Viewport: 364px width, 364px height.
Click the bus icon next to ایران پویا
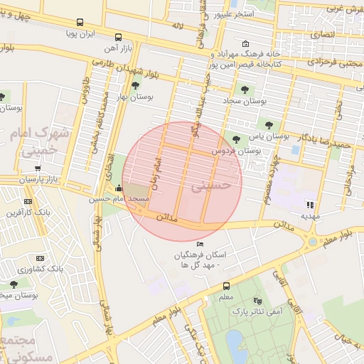[79, 23]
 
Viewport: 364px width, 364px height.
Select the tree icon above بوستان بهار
[134, 85]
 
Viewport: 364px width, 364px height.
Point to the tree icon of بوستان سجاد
[245, 90]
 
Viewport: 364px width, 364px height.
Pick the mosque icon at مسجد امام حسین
[118, 188]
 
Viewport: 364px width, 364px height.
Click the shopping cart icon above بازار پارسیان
[37, 169]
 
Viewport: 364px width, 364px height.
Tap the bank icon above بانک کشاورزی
[40, 258]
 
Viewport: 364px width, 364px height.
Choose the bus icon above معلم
[226, 286]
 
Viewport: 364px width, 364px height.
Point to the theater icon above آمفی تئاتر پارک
[257, 301]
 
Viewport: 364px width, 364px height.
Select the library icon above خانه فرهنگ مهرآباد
[246, 43]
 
